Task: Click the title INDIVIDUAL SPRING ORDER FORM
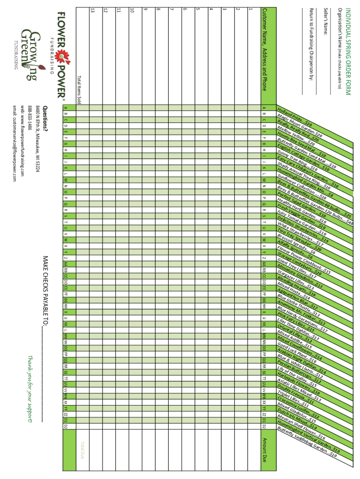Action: coord(347,51)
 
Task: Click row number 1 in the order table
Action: coord(251,9)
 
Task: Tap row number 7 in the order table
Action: coord(172,9)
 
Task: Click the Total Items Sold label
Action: coord(79,89)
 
